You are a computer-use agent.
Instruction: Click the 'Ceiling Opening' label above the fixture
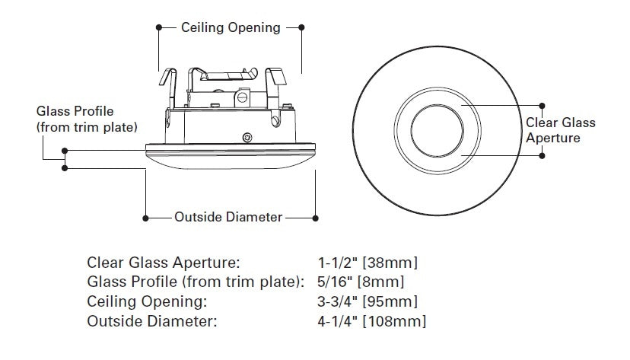231,28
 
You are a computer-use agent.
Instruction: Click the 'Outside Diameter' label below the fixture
228,218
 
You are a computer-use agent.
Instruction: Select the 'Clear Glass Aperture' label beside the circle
561,130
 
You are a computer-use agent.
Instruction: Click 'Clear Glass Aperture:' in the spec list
164,263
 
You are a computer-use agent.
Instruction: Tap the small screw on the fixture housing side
246,137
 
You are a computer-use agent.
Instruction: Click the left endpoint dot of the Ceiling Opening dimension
158,28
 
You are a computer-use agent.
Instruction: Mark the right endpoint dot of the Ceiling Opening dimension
302,28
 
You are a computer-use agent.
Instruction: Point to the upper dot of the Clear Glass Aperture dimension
542,105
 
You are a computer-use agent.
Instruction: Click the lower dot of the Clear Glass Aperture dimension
542,155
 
